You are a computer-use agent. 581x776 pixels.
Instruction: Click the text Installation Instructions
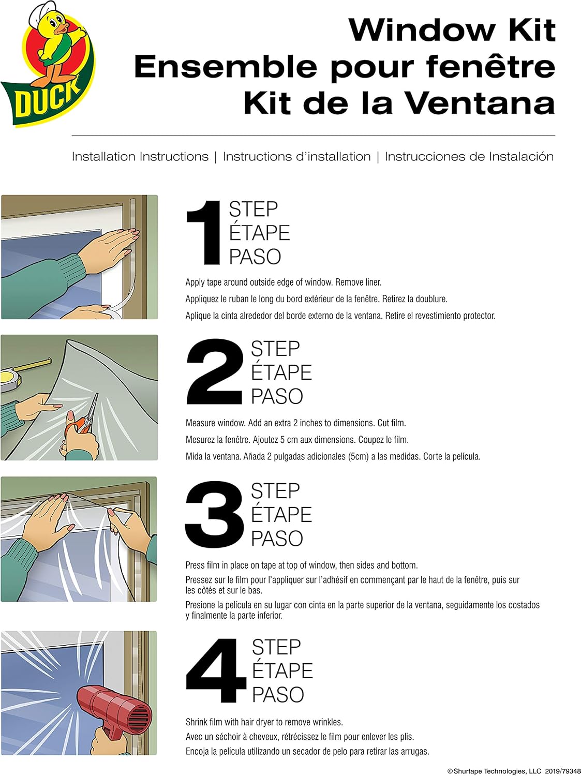(140, 157)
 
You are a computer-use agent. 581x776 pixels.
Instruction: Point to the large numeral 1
(203, 233)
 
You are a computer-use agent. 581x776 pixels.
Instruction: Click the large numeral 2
(215, 371)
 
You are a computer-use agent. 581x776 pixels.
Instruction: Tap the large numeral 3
(215, 514)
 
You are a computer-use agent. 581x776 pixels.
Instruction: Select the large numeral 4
(216, 670)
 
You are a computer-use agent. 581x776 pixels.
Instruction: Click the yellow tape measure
(21, 375)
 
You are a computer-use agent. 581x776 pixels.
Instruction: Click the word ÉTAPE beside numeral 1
(259, 232)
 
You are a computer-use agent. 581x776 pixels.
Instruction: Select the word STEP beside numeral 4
(276, 647)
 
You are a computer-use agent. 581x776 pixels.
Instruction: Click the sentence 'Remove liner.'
(358, 282)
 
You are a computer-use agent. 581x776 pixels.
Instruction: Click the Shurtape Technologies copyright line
(514, 768)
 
